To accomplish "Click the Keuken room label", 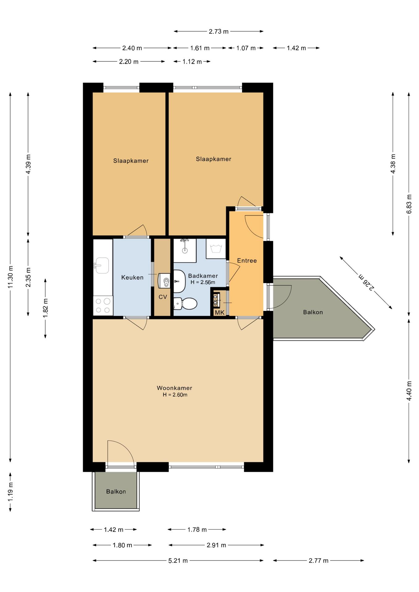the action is click(132, 277).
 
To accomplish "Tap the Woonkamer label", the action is click(174, 388).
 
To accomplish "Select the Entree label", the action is click(247, 261).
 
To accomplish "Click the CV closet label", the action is click(163, 297).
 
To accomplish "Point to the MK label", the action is click(220, 313).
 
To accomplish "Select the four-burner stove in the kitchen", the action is click(103, 306).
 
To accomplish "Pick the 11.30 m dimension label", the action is click(10, 277).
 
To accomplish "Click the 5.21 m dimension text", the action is click(178, 561).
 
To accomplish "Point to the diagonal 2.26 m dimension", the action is click(366, 282).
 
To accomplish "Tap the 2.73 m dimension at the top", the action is click(219, 31).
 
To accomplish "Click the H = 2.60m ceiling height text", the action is click(175, 395).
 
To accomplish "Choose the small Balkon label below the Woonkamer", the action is click(116, 491).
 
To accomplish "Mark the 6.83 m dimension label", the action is click(409, 204).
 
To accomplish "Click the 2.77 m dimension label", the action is click(319, 561).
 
